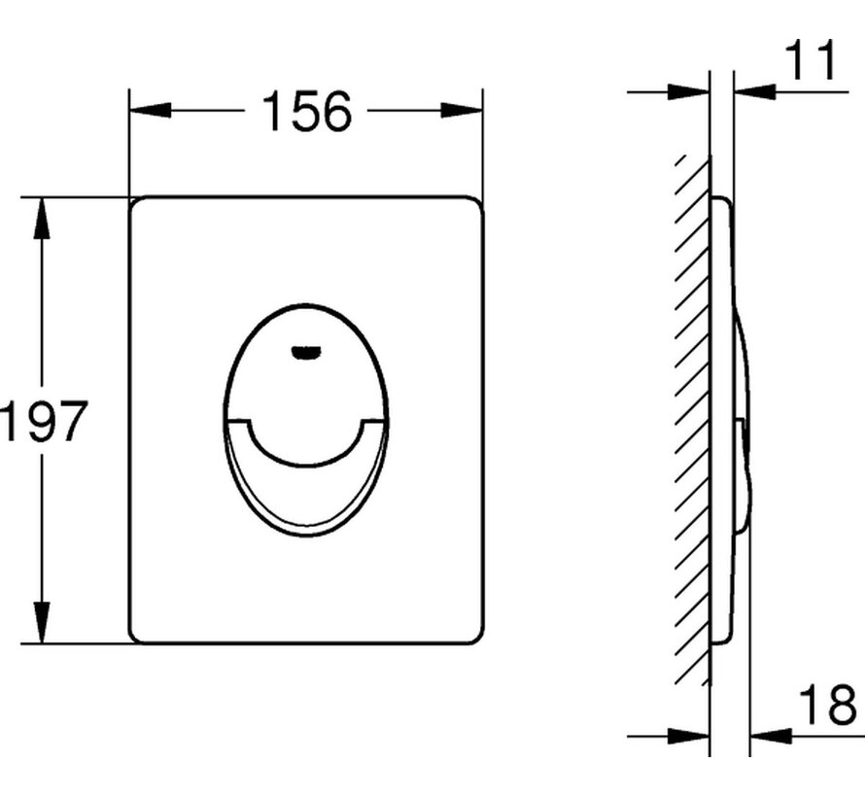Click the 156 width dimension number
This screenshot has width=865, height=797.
(307, 112)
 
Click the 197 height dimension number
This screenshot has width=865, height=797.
(43, 421)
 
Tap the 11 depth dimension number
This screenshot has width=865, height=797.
(811, 60)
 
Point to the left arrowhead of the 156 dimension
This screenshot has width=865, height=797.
(149, 110)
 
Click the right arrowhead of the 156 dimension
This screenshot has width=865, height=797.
(462, 110)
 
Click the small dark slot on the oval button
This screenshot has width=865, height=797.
(307, 351)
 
